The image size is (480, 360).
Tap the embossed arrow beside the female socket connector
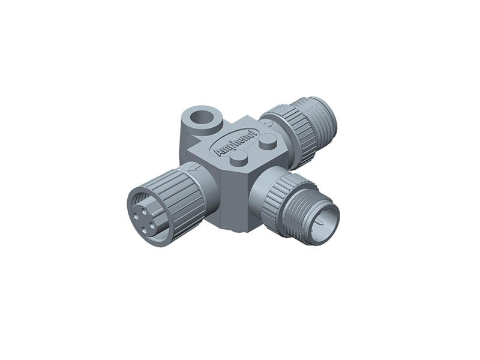(194, 169)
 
